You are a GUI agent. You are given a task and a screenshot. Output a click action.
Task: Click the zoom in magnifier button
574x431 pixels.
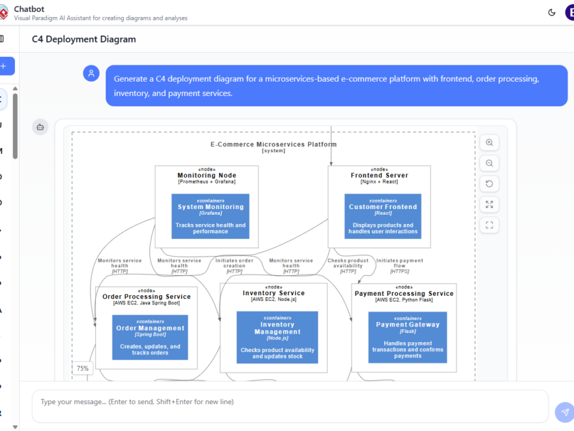pyautogui.click(x=489, y=142)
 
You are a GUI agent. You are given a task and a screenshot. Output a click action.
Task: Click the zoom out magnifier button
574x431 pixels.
pyautogui.click(x=489, y=163)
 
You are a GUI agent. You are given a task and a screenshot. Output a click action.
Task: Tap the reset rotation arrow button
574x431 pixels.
pyautogui.click(x=489, y=184)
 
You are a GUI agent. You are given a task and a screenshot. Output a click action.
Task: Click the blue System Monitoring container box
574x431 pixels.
pyautogui.click(x=211, y=216)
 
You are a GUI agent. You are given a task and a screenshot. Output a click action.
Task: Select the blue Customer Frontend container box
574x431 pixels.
pyautogui.click(x=383, y=216)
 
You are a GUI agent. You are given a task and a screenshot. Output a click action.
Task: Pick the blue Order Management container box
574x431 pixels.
pyautogui.click(x=150, y=337)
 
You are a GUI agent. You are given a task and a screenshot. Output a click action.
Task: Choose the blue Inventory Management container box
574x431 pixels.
pyautogui.click(x=277, y=337)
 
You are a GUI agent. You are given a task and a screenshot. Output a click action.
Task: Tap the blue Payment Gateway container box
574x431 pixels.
pyautogui.click(x=408, y=337)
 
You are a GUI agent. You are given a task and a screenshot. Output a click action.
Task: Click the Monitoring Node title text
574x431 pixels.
pyautogui.click(x=207, y=176)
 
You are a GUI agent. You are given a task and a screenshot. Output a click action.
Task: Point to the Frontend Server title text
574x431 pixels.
pyautogui.click(x=380, y=176)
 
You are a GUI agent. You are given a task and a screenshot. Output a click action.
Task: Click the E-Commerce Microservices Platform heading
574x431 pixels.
pyautogui.click(x=273, y=144)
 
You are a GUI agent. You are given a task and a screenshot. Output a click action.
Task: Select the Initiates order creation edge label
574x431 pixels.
pyautogui.click(x=234, y=263)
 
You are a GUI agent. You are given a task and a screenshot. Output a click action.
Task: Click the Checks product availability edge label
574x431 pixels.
pyautogui.click(x=348, y=263)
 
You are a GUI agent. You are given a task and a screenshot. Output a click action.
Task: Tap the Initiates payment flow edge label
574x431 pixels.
pyautogui.click(x=399, y=263)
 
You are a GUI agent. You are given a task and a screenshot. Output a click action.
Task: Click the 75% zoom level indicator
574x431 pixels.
pyautogui.click(x=83, y=368)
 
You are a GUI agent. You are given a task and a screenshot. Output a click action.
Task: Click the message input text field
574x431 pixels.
pyautogui.click(x=287, y=402)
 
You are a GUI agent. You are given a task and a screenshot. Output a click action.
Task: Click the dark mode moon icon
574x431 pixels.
pyautogui.click(x=552, y=12)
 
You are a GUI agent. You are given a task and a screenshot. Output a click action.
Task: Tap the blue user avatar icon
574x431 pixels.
pyautogui.click(x=91, y=73)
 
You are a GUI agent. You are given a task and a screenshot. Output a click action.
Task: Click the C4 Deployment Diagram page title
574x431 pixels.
pyautogui.click(x=84, y=39)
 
